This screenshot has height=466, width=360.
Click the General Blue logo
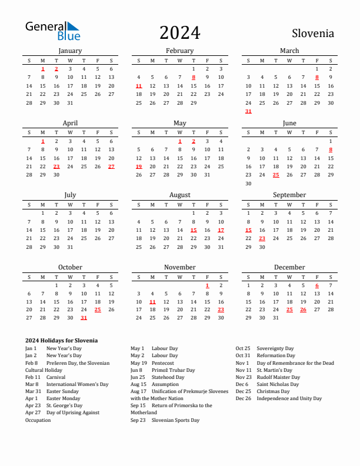coord(52,31)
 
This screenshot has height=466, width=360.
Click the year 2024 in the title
coord(179,33)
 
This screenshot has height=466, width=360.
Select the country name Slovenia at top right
coord(312,34)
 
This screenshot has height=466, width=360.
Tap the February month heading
coord(179,51)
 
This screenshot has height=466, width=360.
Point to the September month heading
coord(289,195)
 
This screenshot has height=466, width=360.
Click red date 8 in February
coord(194,77)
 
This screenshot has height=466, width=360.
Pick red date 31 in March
coord(248,111)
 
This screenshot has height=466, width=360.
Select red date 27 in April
coord(112,167)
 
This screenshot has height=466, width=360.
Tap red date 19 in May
coord(139,167)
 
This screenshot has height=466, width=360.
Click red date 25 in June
coord(276,175)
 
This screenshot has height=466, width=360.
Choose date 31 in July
coord(70,247)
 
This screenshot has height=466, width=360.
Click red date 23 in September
coord(262,238)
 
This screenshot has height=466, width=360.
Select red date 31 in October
coord(84,318)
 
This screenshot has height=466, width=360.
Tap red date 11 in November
coord(152,301)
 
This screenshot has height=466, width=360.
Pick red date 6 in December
coord(317,285)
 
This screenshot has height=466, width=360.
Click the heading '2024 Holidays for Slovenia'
coord(61,341)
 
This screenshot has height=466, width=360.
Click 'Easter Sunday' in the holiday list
coord(62,391)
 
